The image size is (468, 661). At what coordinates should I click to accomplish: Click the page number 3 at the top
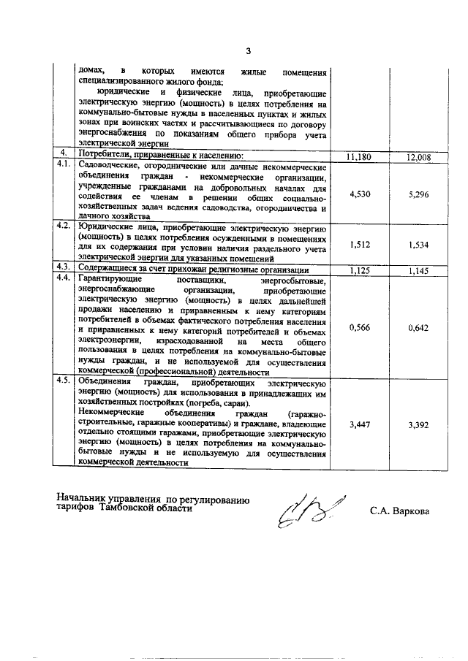[248, 51]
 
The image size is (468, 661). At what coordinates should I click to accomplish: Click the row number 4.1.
[64, 166]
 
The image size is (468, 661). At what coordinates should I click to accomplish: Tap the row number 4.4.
[64, 280]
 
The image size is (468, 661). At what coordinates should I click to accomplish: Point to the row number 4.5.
[64, 381]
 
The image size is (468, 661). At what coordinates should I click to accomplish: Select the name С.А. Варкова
[399, 511]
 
